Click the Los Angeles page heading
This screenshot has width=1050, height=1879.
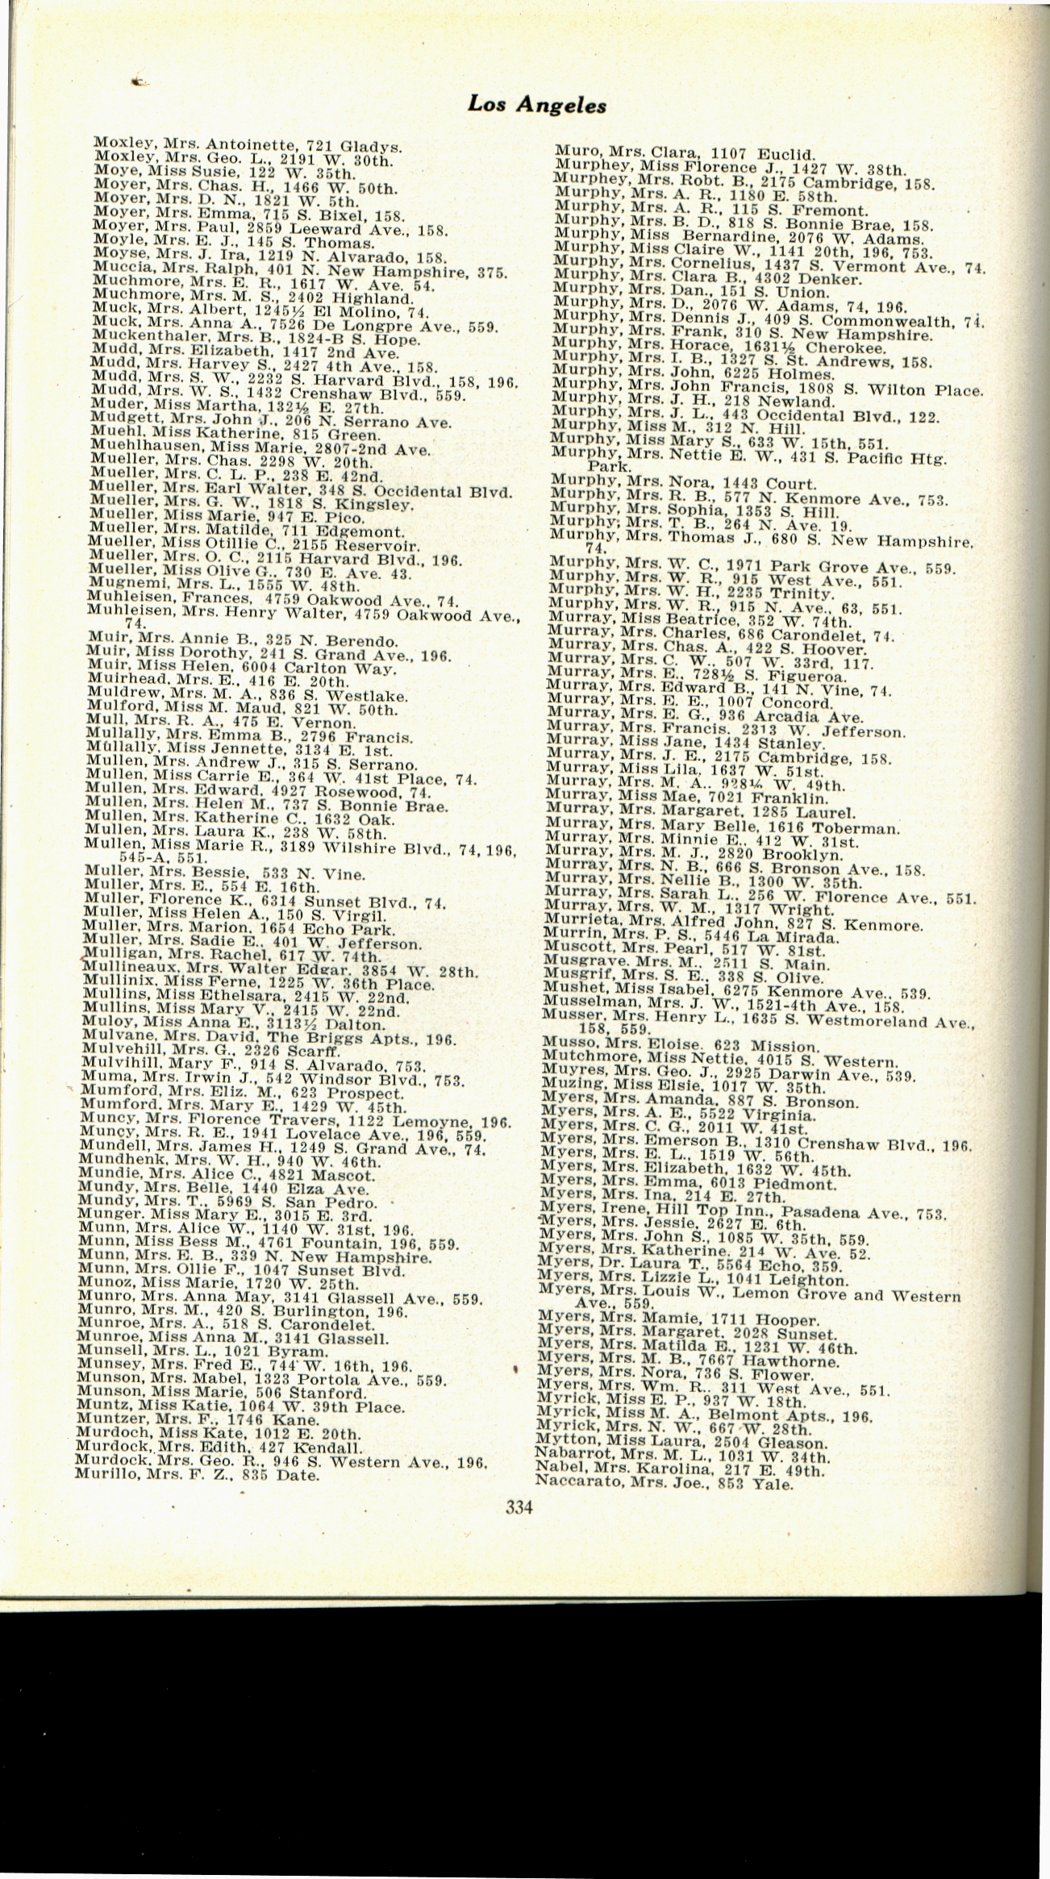click(x=537, y=103)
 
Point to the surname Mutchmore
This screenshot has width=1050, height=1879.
click(x=577, y=1059)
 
